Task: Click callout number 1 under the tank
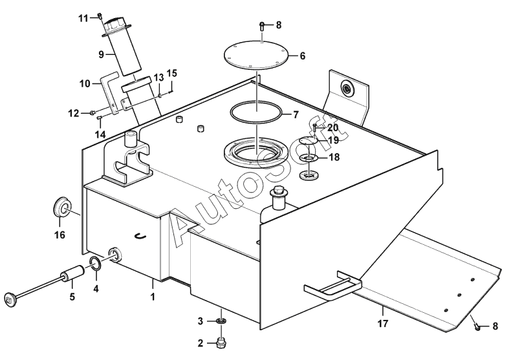(153, 298)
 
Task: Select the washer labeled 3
(221, 321)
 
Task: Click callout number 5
(72, 297)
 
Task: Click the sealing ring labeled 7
(256, 112)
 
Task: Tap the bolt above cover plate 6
(261, 27)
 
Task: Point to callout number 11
(83, 17)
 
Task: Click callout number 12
(74, 113)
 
